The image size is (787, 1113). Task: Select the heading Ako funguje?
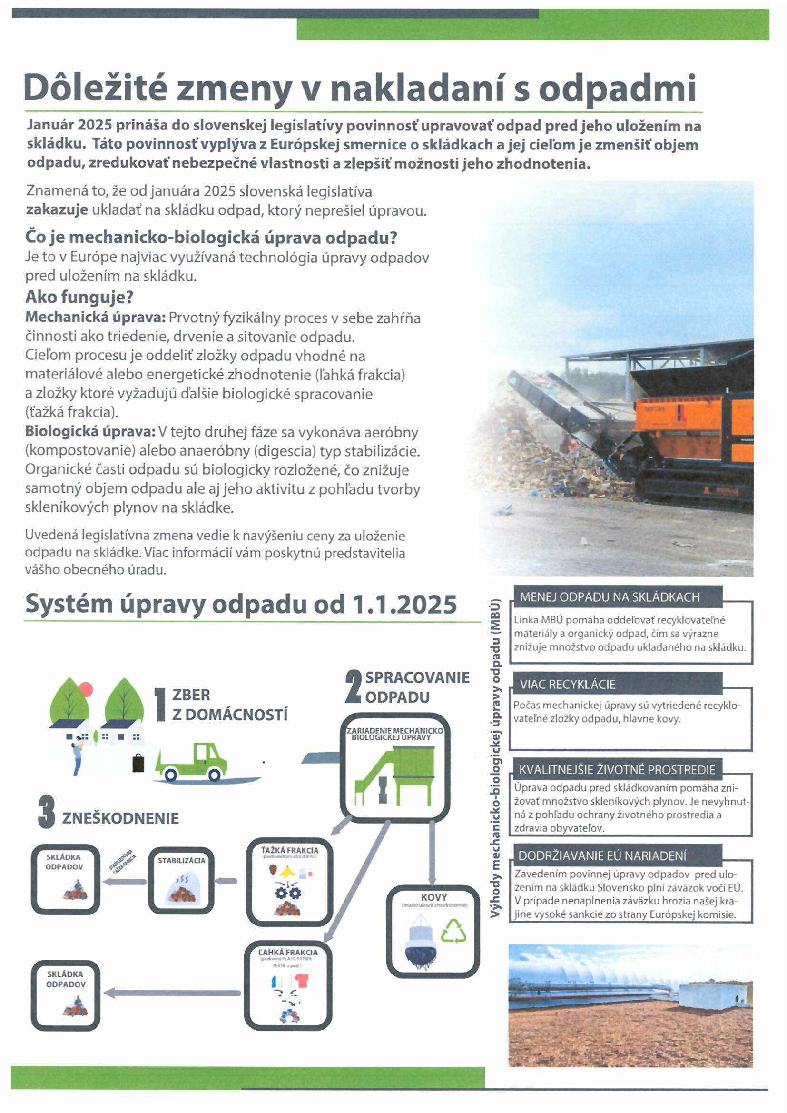coord(79,297)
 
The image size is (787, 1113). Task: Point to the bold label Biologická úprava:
coord(90,431)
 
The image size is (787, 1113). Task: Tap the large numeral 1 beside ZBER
coord(160,706)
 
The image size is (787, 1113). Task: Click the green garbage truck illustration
coord(192,763)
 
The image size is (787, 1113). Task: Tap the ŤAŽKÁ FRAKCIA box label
coord(290,850)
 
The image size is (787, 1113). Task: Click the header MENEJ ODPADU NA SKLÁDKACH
coord(610,597)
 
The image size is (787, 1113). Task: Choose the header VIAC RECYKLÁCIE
coord(568,685)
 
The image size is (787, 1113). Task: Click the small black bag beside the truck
coord(138,763)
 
